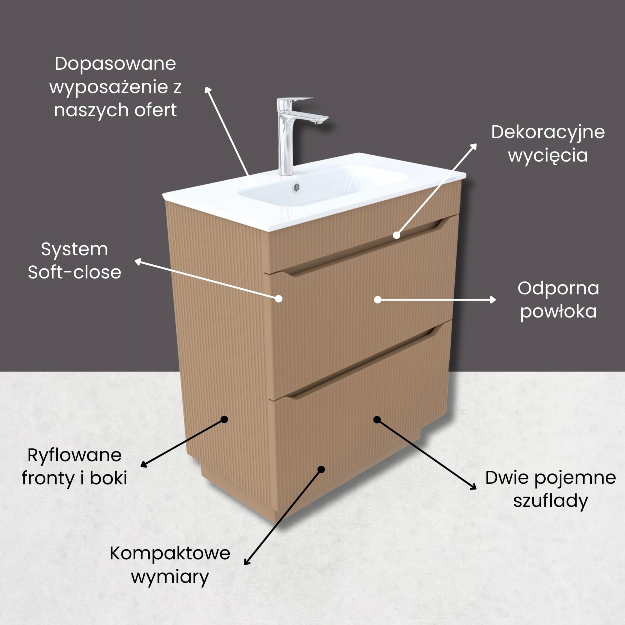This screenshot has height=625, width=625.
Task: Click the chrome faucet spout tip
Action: tap(320, 122)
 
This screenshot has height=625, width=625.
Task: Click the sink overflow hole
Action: tap(296, 187)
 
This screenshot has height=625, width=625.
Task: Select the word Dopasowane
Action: tap(116, 64)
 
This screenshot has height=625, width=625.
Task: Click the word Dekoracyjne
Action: tap(548, 132)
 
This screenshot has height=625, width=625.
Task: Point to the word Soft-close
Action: tap(74, 272)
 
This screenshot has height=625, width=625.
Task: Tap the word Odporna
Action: tap(558, 288)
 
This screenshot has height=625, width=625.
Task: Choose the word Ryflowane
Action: tap(74, 455)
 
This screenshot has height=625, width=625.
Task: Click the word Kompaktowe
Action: tap(170, 553)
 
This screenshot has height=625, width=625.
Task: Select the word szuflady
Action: tap(550, 501)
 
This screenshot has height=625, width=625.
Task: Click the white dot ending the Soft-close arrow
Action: tap(278, 298)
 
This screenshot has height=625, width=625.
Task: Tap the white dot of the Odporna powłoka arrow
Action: tap(377, 300)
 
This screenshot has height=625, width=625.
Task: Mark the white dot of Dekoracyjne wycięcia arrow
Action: tap(397, 235)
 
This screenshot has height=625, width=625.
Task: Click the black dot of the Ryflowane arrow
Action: tap(224, 419)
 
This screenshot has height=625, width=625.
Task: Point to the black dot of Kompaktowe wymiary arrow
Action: tap(321, 469)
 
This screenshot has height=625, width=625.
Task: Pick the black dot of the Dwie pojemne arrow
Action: tap(377, 420)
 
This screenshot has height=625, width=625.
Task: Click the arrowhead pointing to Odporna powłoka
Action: tap(493, 300)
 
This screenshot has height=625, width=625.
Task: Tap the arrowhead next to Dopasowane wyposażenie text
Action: tap(208, 91)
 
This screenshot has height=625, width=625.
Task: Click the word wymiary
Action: tap(170, 577)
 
